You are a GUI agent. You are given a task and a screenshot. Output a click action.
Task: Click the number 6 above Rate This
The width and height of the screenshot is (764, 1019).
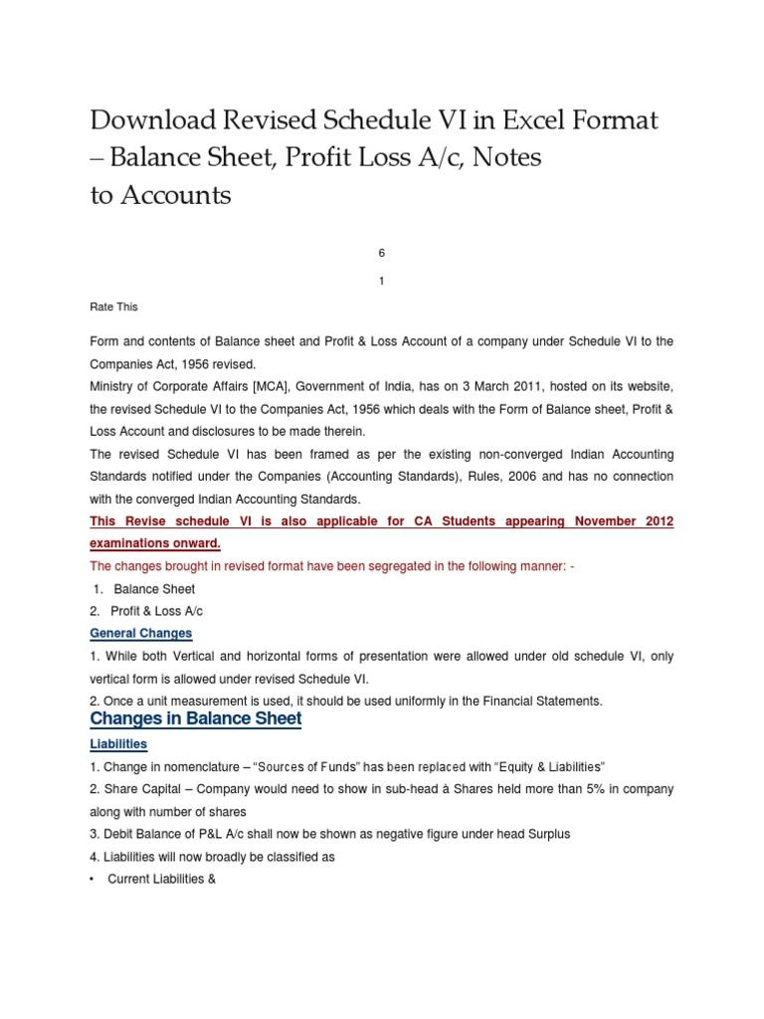point(381,254)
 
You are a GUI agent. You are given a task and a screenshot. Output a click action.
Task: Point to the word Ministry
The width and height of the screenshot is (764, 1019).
point(113,386)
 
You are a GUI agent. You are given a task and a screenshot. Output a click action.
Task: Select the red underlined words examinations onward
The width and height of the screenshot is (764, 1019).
point(155,544)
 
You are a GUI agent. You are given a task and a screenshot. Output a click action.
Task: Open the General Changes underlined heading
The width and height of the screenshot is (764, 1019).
point(140,634)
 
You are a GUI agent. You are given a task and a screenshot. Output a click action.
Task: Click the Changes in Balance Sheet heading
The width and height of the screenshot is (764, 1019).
point(196,718)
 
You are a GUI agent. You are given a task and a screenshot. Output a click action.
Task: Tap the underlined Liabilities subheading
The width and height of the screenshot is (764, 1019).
point(118,744)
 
